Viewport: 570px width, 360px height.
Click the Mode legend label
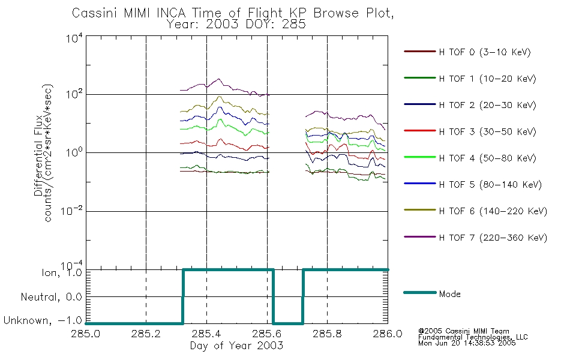click(x=449, y=294)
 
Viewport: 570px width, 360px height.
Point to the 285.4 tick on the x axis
click(x=206, y=334)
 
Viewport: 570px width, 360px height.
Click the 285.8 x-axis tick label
click(x=327, y=334)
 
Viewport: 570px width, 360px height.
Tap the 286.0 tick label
click(x=388, y=334)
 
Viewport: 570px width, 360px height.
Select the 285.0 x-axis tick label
click(x=85, y=334)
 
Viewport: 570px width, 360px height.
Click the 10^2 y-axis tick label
click(x=74, y=94)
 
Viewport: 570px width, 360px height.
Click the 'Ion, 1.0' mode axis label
click(x=61, y=272)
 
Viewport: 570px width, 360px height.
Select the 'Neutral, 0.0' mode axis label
click(x=51, y=297)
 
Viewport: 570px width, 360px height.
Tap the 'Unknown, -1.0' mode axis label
click(x=43, y=320)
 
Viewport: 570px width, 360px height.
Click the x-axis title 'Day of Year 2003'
click(x=236, y=346)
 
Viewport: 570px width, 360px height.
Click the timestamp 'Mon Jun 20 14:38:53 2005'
click(x=467, y=343)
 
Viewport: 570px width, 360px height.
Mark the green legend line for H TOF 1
click(x=419, y=78)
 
